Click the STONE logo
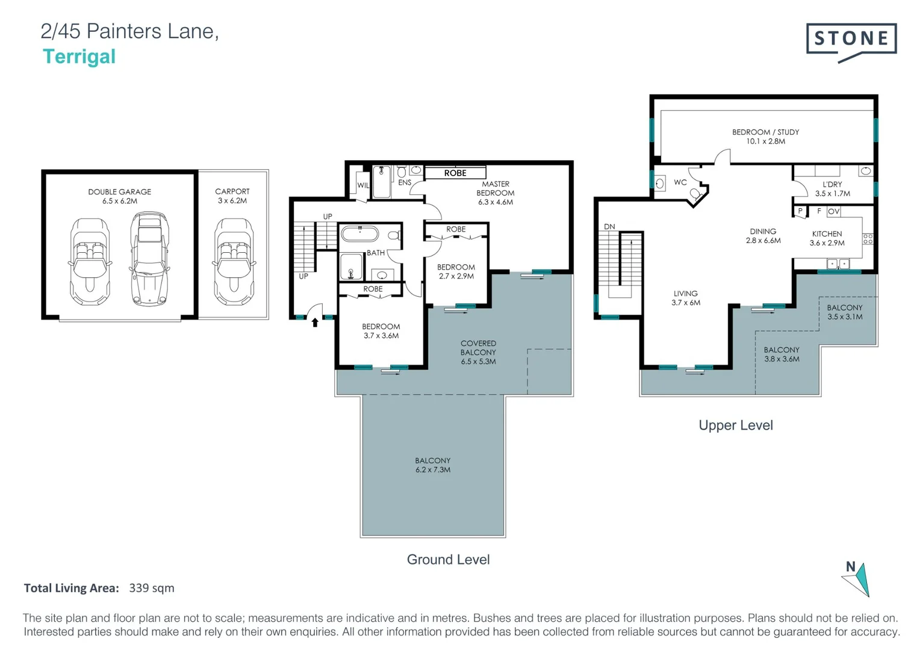[851, 40]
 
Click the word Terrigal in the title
[79, 57]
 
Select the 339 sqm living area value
[151, 588]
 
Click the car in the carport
[233, 262]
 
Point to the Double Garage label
[119, 192]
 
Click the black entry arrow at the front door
[314, 323]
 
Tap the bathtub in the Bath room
[359, 234]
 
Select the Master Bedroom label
[495, 188]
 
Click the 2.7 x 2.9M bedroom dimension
[456, 276]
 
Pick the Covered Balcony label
[478, 348]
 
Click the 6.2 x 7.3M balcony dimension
[432, 470]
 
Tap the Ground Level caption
[448, 560]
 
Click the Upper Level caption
[735, 426]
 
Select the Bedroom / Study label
[765, 132]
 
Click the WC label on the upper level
[680, 182]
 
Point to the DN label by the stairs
[609, 227]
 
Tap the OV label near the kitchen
[833, 212]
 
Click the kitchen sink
[838, 264]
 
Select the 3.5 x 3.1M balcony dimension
[844, 317]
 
